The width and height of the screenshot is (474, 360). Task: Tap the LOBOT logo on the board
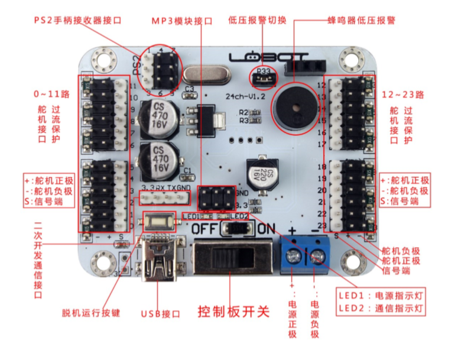coord(269,59)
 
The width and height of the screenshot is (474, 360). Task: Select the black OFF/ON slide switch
coord(234,260)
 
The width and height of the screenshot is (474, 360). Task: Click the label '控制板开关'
coord(233,312)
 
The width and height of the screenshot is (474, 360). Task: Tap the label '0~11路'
coord(51,94)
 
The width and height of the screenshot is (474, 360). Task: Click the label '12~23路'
coord(408,94)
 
